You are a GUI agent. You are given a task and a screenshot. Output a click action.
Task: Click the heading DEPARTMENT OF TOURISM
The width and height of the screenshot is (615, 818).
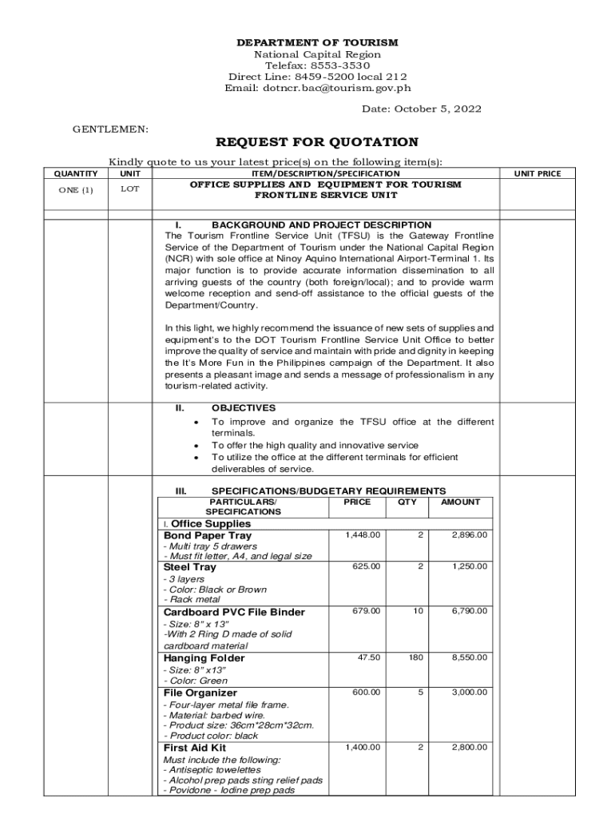click(318, 42)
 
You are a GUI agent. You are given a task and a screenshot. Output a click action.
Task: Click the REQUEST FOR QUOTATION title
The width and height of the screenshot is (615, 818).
click(317, 142)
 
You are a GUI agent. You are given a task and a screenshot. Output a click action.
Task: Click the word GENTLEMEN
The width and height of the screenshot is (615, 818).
click(101, 128)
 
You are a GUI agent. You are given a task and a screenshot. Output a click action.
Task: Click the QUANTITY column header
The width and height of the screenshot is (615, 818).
click(76, 173)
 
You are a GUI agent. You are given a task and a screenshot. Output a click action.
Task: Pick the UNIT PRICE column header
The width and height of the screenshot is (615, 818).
click(537, 173)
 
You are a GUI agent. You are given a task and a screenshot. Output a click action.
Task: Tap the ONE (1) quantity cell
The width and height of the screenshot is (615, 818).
click(76, 189)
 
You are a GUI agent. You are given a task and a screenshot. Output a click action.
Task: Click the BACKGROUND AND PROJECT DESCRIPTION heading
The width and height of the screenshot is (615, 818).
click(321, 225)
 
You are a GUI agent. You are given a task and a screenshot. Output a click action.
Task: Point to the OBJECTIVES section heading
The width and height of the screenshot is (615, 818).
click(244, 407)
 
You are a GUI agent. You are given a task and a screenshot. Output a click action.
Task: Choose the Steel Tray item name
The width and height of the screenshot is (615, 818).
click(190, 567)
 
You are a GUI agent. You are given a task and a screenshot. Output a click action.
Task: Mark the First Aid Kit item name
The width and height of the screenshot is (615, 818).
click(194, 748)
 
